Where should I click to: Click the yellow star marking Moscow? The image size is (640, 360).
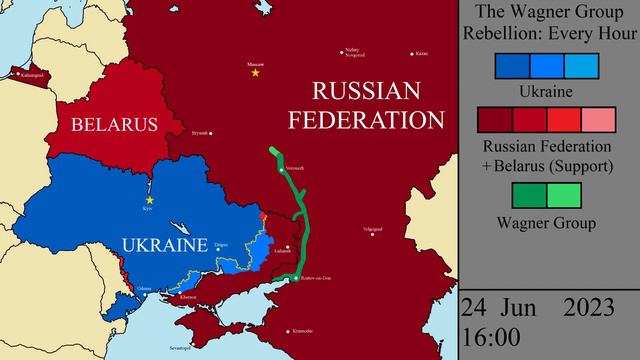pyautogui.click(x=256, y=72)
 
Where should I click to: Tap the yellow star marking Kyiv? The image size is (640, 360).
pyautogui.click(x=150, y=200)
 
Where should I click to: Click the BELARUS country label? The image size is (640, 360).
pyautogui.click(x=113, y=125)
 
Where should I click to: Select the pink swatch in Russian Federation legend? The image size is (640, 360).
pyautogui.click(x=600, y=121)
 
